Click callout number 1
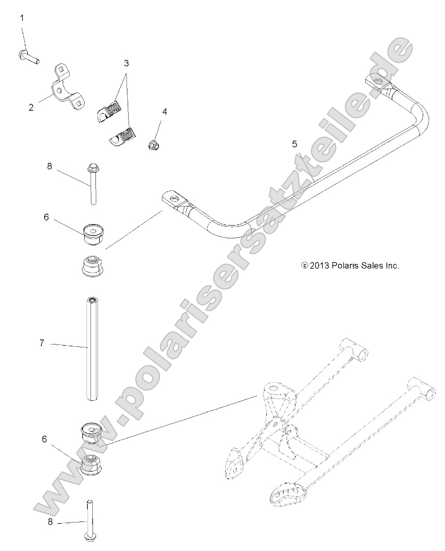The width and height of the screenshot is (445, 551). tap(22, 18)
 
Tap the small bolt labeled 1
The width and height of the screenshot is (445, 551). tap(28, 56)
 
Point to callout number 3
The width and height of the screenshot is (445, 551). tap(126, 62)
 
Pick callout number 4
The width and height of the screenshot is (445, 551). tap(164, 111)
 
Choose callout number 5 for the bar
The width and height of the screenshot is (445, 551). tap(295, 143)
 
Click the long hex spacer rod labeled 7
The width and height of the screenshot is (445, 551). tap(92, 348)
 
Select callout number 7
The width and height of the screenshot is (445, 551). tap(42, 343)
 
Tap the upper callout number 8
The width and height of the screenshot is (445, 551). tap(49, 166)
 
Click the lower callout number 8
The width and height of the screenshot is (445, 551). tap(49, 521)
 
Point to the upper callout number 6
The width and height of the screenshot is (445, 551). tap(46, 217)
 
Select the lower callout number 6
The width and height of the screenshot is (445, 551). tap(44, 440)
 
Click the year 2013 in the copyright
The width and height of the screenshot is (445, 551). tap(320, 266)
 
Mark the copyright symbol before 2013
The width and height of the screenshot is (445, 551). tap(304, 266)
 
